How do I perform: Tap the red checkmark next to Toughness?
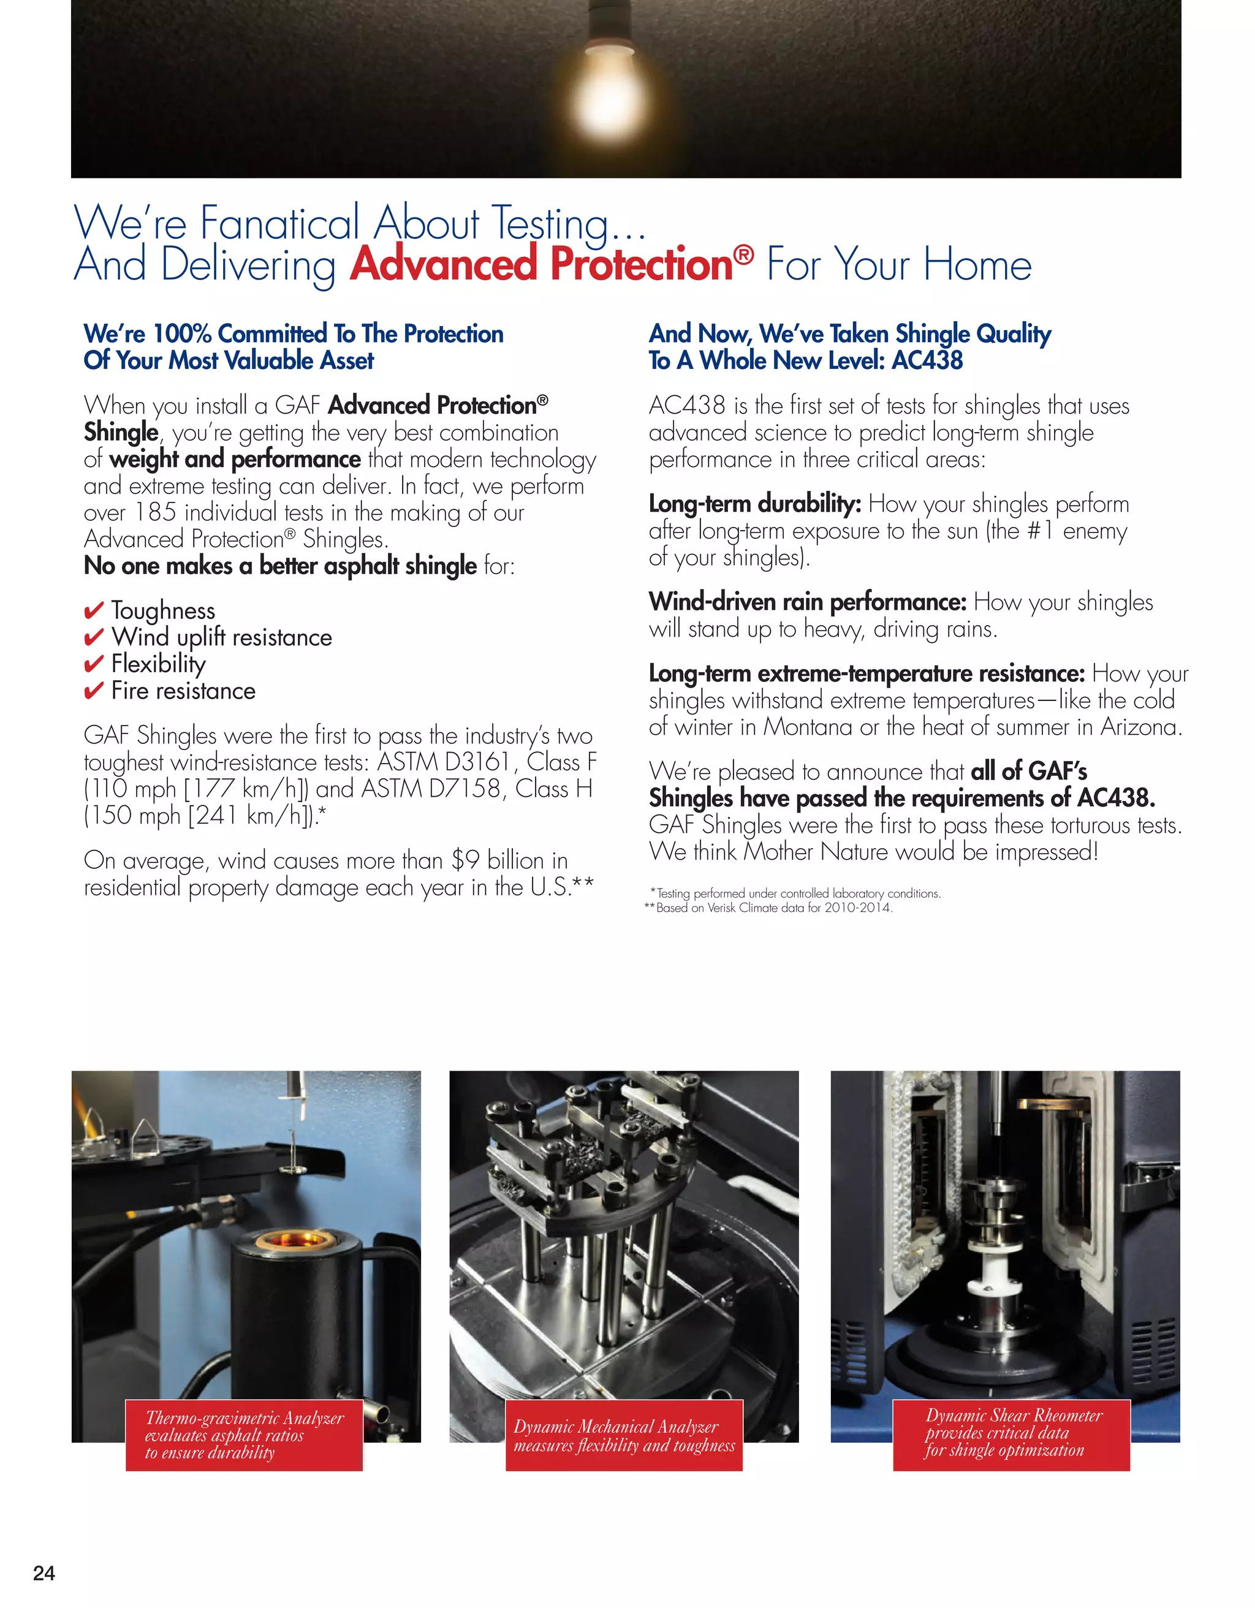pyautogui.click(x=94, y=611)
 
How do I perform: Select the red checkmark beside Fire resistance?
pyautogui.click(x=94, y=691)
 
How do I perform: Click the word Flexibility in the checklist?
pyautogui.click(x=158, y=664)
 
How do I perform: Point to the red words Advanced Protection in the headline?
pyautogui.click(x=541, y=264)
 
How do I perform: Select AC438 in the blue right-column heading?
pyautogui.click(x=927, y=361)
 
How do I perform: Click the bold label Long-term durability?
pyautogui.click(x=754, y=504)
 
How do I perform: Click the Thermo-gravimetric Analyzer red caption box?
pyautogui.click(x=244, y=1435)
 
